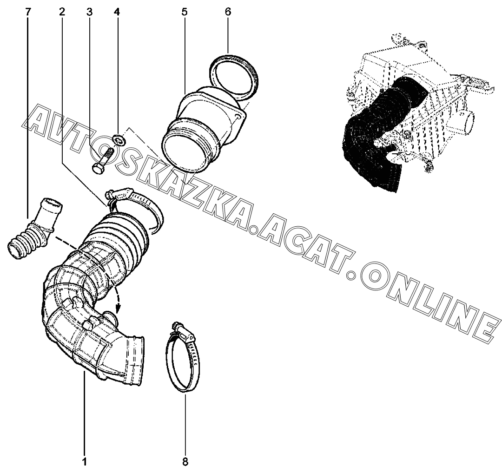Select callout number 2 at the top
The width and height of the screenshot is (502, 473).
click(62, 12)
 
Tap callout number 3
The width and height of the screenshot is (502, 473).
click(89, 12)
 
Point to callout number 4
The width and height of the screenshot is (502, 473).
click(117, 12)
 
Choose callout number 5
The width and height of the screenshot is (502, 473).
click(185, 12)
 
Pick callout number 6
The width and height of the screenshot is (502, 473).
click(228, 12)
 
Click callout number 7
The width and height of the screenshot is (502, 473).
click(29, 12)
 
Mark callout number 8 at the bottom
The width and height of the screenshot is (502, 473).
click(185, 462)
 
